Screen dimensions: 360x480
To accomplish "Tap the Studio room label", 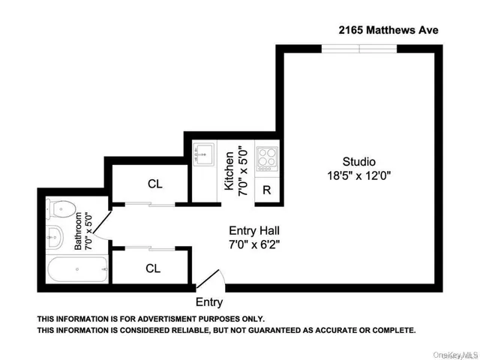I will tap(358, 161).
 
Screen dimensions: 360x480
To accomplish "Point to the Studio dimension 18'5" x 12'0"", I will tap(358, 176).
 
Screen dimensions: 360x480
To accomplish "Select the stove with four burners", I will tap(266, 158).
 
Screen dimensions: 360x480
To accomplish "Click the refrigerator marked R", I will tap(266, 190).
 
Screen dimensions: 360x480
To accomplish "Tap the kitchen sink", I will tap(203, 155).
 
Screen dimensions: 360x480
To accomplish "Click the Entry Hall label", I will tap(256, 230).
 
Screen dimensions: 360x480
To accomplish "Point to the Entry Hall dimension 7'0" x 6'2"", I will tap(256, 244).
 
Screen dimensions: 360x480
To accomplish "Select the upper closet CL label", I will tap(155, 184).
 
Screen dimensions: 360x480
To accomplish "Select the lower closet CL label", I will tap(153, 268).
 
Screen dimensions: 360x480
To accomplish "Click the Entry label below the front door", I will tap(209, 302).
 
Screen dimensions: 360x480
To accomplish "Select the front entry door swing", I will tap(209, 279).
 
